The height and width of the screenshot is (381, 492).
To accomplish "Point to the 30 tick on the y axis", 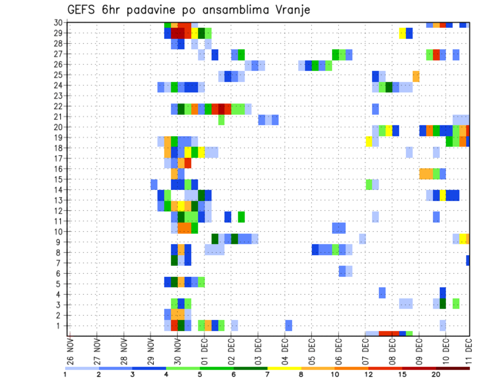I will tap(58, 22).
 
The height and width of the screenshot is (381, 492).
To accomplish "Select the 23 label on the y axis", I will tap(58, 96).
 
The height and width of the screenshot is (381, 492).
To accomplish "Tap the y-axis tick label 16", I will tap(58, 168).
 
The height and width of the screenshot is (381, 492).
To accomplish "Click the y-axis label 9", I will tap(60, 242).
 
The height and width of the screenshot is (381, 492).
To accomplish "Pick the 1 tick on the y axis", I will tap(60, 326).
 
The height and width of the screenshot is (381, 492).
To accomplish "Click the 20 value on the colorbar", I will tap(436, 374).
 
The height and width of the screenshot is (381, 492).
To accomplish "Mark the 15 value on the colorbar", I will tap(402, 374).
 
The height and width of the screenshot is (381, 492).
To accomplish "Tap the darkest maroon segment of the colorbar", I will tap(453, 368).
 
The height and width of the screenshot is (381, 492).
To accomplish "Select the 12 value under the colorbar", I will tap(368, 374).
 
